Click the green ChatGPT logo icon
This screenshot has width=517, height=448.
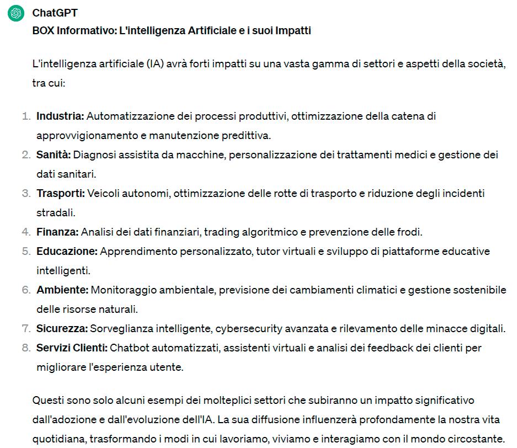(16, 13)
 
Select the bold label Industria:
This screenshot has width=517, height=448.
(60, 116)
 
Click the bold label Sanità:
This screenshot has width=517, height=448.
(54, 155)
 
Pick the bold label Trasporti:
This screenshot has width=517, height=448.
(61, 194)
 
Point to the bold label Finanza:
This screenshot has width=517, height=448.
(57, 232)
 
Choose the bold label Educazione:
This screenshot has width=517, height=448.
(67, 252)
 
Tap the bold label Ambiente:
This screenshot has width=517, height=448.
(62, 290)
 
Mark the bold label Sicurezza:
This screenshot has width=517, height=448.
(62, 329)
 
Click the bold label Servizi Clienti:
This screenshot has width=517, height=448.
(72, 348)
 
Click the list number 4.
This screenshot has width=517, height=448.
(26, 232)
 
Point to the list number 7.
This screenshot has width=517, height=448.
(26, 329)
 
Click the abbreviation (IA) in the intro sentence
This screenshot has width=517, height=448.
(157, 63)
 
